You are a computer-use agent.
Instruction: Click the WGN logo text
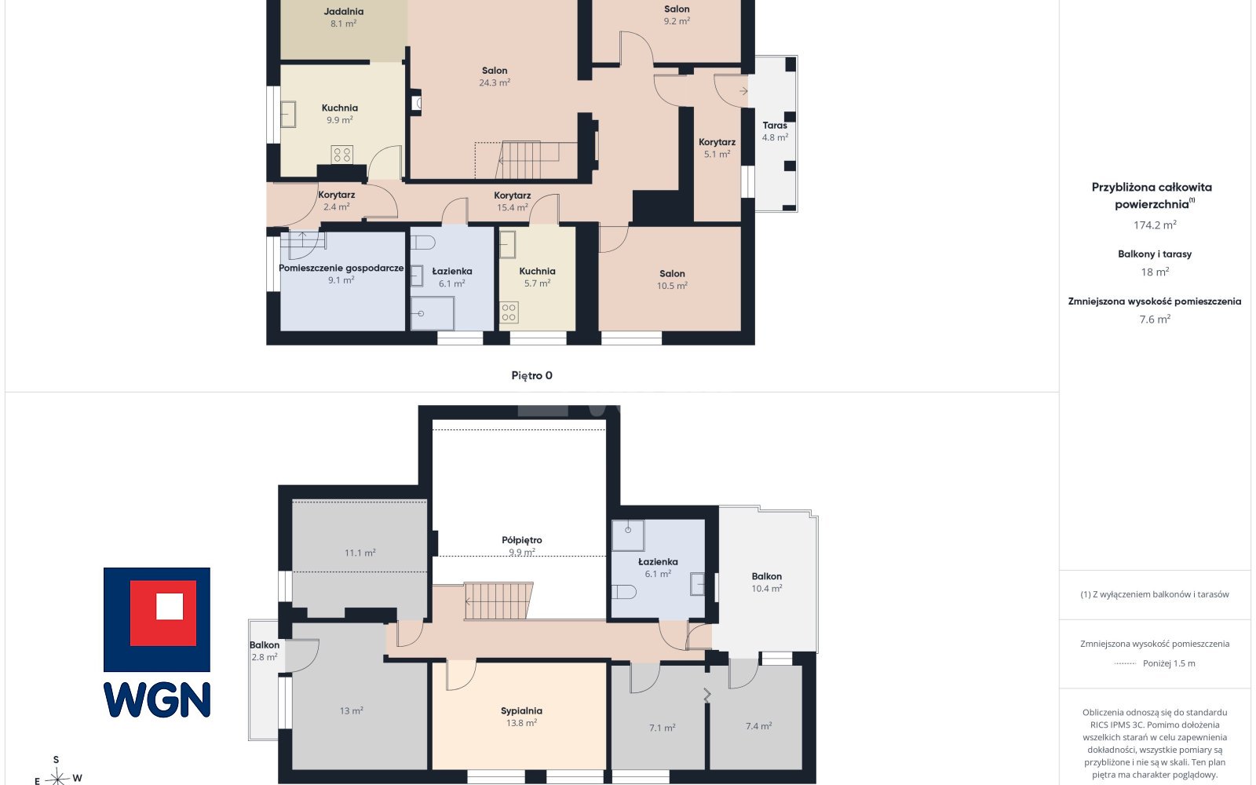tap(157, 699)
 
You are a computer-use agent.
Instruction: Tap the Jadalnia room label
tap(343, 11)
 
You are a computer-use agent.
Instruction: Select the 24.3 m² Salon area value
tap(495, 82)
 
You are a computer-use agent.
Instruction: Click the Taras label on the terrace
tap(775, 126)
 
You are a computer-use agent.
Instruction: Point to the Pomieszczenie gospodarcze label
tap(341, 268)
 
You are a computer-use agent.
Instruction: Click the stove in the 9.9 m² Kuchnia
tap(341, 154)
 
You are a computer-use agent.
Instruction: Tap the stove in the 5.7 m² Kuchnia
tap(509, 313)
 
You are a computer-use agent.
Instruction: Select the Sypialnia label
tap(521, 711)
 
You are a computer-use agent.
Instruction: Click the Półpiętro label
tap(522, 540)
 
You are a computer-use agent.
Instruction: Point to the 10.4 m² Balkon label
tap(766, 576)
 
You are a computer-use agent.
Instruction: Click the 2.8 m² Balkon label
tap(264, 645)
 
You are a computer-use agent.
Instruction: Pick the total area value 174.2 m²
tap(1155, 225)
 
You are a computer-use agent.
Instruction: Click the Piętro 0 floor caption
tap(531, 376)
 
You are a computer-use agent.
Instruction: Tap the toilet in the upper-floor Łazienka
tap(623, 592)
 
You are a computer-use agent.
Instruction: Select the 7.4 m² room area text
tap(758, 726)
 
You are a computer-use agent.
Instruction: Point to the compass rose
tap(57, 777)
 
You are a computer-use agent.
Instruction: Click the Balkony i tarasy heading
tap(1155, 254)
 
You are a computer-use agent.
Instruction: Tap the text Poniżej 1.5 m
tap(1169, 663)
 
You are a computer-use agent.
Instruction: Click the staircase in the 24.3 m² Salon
tap(527, 160)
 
